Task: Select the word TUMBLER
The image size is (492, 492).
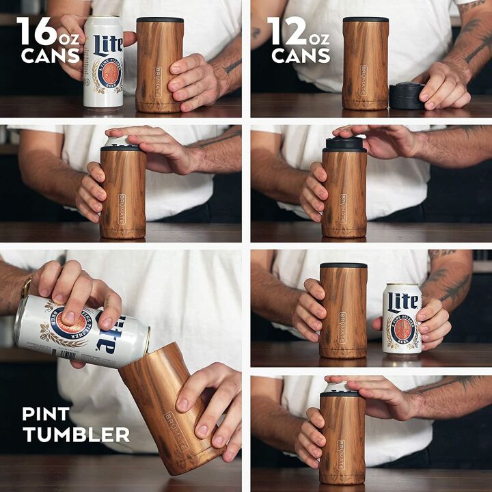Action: coord(75,434)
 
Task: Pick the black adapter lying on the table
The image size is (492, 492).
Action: coord(407,96)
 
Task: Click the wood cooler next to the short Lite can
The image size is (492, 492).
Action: coord(343,310)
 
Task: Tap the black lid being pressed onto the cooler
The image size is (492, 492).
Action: coord(344,144)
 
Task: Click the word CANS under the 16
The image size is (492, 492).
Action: coord(51,56)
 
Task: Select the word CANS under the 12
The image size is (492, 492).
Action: coord(301,56)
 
